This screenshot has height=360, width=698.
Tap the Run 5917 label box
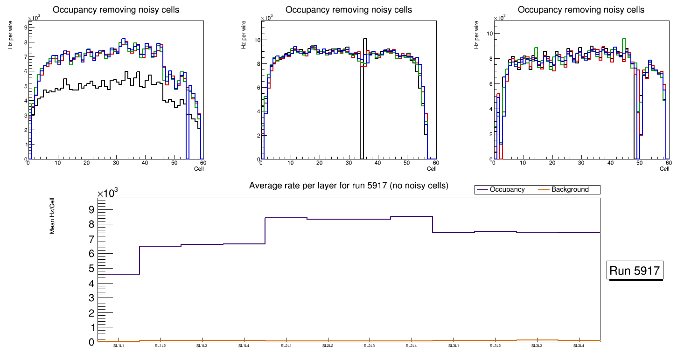[x=635, y=271]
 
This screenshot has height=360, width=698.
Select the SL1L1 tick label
[x=119, y=346]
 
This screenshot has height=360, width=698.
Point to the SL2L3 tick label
[x=370, y=346]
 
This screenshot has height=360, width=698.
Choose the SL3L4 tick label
[x=579, y=346]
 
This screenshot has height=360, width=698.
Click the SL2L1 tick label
[x=286, y=346]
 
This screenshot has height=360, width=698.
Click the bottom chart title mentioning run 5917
[x=349, y=186]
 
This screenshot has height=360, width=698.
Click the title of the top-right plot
[x=581, y=10]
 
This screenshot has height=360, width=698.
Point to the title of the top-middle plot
[x=349, y=10]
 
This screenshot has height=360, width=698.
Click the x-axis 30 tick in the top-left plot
[x=116, y=163]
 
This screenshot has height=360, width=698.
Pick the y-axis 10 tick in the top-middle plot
[x=256, y=40]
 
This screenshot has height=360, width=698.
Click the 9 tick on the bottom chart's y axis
[x=91, y=209]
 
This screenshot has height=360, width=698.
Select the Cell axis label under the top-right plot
[x=664, y=169]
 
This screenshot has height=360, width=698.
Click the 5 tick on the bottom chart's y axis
[x=91, y=269]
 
